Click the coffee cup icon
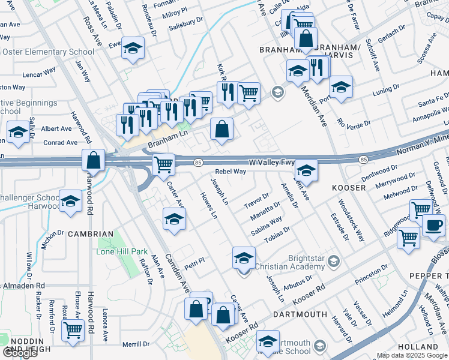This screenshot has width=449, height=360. click(433, 226)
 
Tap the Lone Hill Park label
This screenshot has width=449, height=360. click(122, 251)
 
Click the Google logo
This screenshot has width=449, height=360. click(20, 353)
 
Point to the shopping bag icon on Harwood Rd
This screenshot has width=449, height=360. click(94, 160)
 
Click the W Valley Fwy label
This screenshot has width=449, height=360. click(271, 162)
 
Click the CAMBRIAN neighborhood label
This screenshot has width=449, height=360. click(90, 233)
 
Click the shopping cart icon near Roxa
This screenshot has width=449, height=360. click(73, 329)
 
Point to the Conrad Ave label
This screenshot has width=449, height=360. click(59, 143)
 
